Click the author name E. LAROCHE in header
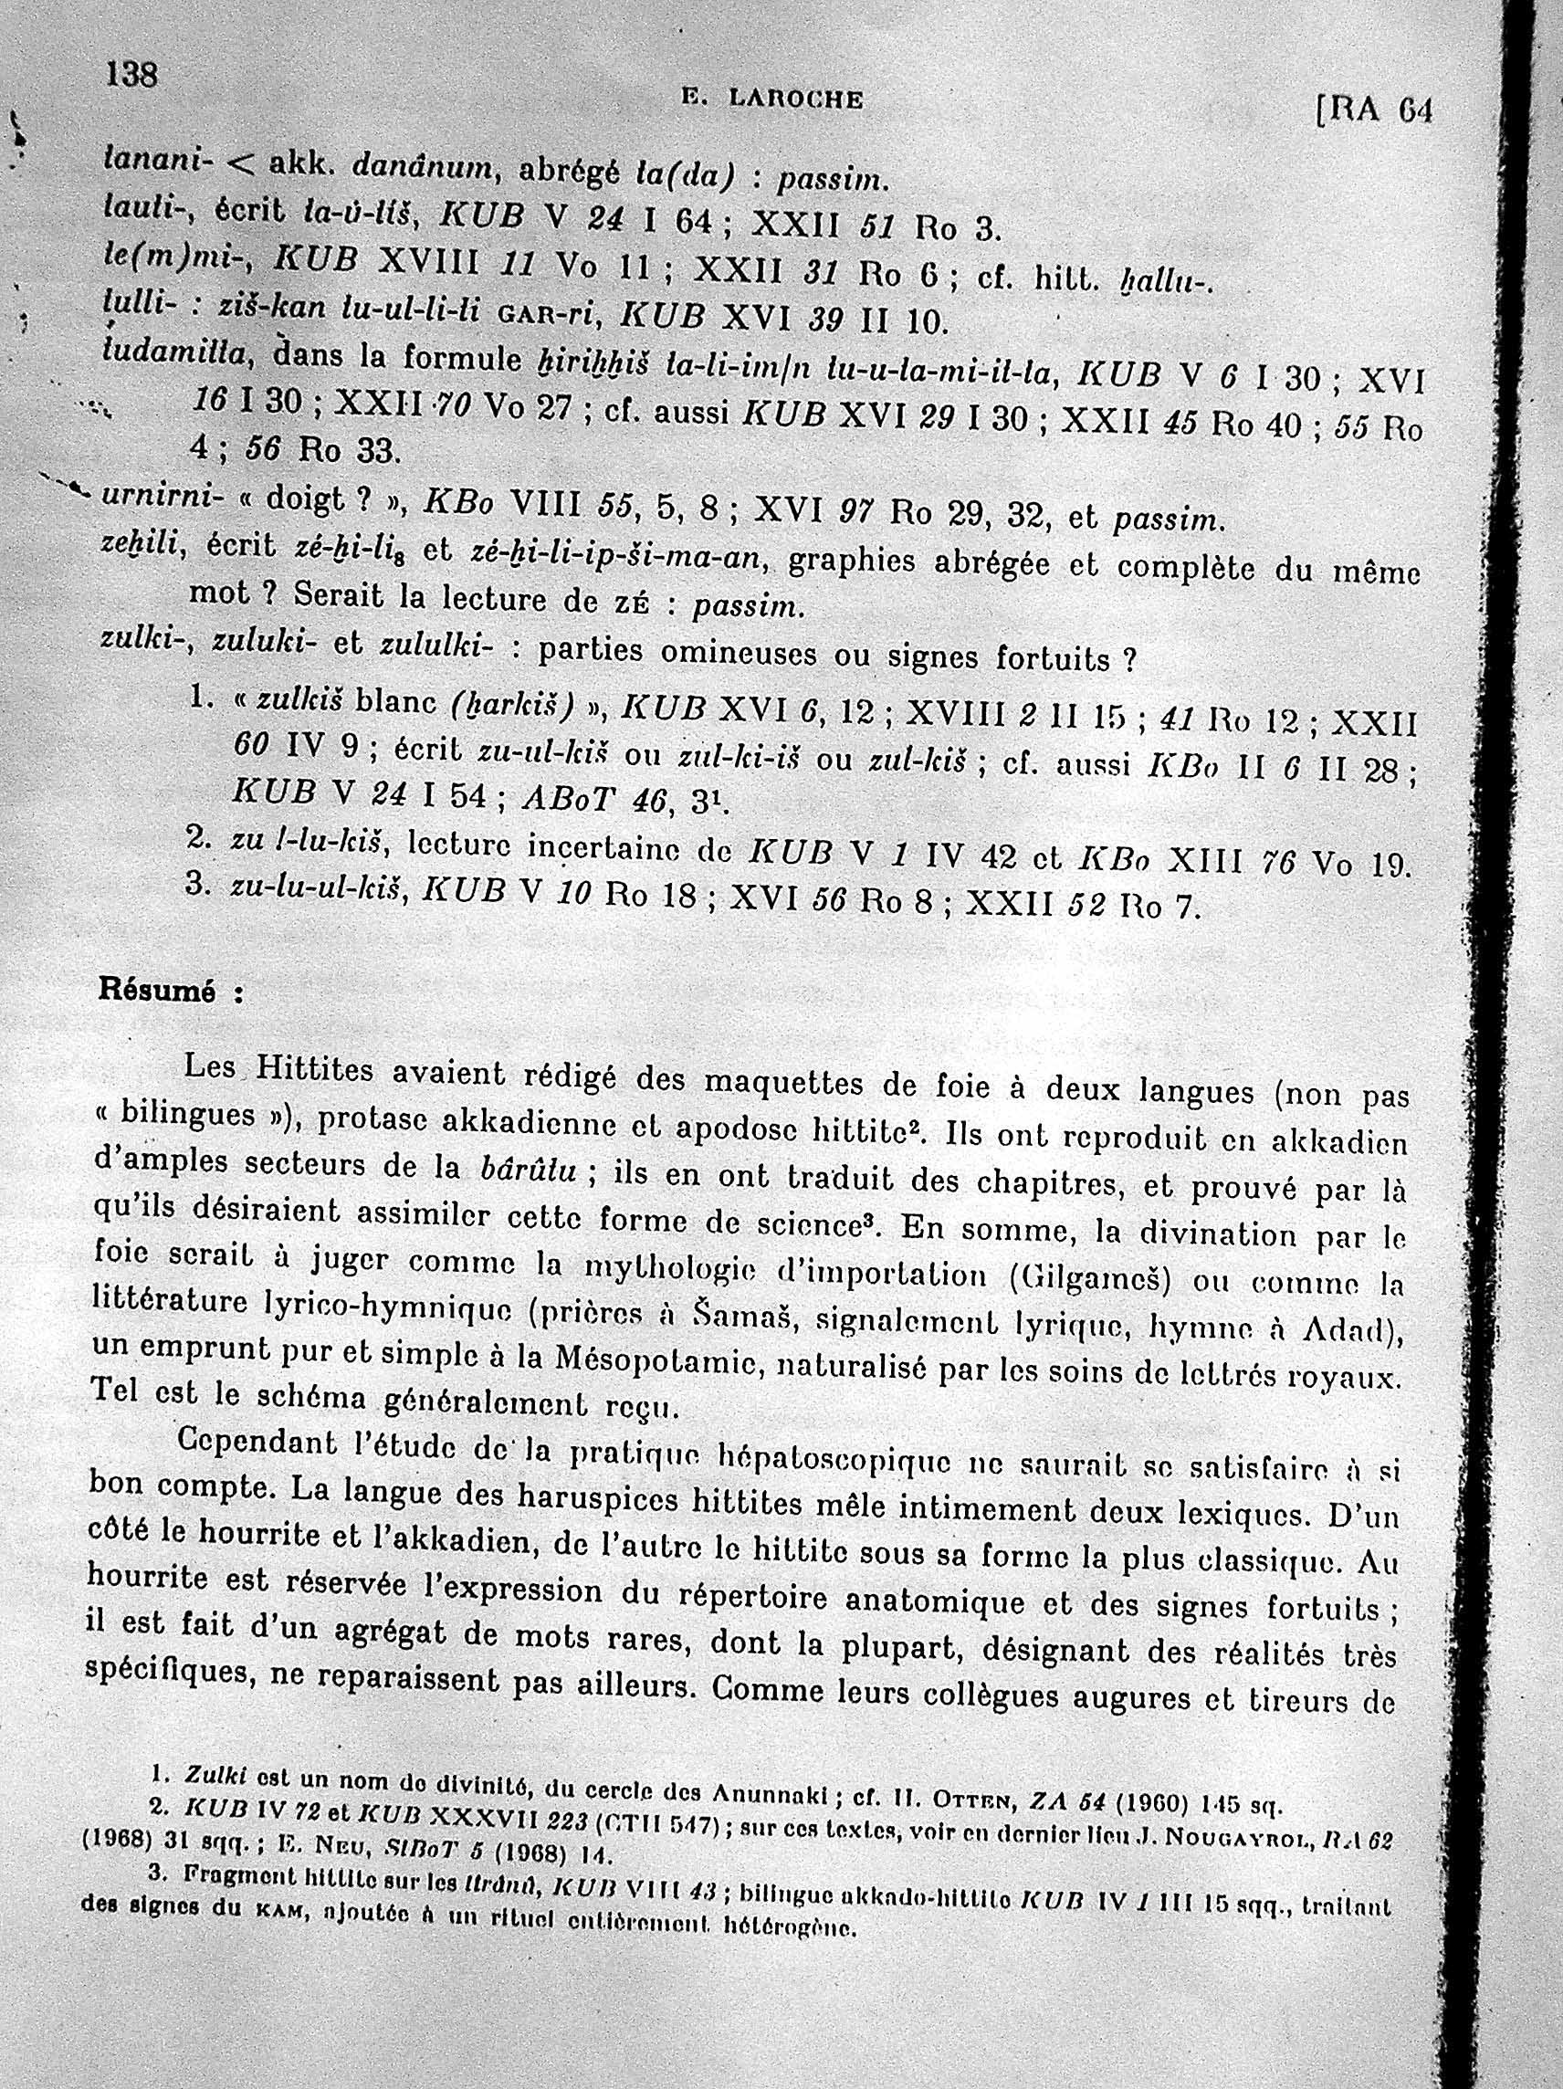click(x=771, y=100)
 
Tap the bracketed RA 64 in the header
click(x=1375, y=111)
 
